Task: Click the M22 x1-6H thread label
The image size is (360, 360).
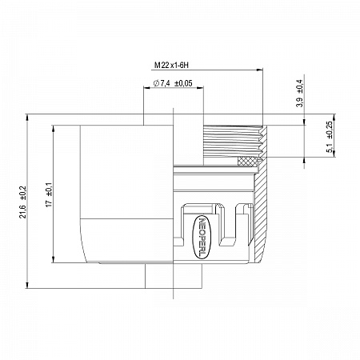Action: (171, 65)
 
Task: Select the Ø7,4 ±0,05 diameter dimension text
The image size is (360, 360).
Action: (173, 83)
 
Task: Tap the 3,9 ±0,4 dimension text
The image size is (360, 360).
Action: (300, 94)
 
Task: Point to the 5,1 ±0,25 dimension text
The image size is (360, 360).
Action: (330, 137)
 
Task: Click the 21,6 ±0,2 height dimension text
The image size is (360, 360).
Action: (23, 202)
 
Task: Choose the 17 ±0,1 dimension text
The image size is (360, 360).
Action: (49, 195)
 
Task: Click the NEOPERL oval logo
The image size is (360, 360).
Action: (202, 238)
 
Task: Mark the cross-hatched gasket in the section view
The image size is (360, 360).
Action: (246, 162)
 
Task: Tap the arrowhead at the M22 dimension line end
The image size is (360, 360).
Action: (260, 70)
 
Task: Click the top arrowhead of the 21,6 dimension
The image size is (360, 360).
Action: (27, 118)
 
